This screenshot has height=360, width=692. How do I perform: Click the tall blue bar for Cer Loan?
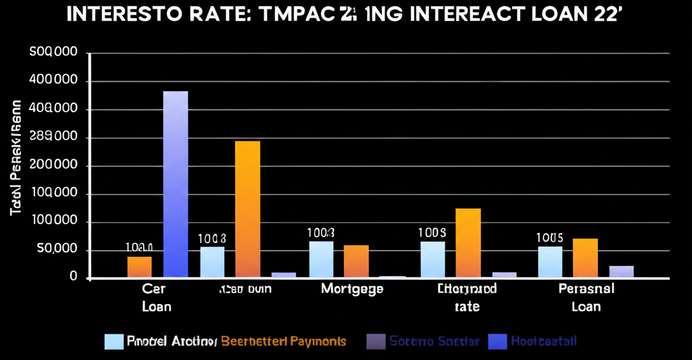click(x=176, y=184)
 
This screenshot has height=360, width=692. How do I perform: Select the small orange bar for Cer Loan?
click(x=139, y=267)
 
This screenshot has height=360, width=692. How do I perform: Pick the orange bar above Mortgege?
click(x=356, y=261)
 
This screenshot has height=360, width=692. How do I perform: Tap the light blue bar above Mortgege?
click(x=321, y=259)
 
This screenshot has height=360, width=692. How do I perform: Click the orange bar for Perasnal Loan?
click(x=585, y=258)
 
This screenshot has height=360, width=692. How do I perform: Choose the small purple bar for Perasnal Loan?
click(x=621, y=272)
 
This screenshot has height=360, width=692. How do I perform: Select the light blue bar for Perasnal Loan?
click(x=550, y=262)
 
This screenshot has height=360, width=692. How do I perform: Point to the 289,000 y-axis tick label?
click(x=54, y=138)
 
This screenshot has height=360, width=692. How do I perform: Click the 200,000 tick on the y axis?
click(x=54, y=166)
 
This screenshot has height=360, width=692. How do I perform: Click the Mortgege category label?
click(x=351, y=289)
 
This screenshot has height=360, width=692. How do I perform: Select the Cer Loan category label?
click(x=156, y=297)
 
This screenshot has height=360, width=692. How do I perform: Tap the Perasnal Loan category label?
click(x=586, y=297)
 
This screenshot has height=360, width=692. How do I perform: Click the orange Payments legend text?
click(x=283, y=341)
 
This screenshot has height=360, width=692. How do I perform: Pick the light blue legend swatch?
click(x=114, y=341)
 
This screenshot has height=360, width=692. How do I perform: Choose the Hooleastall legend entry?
click(x=538, y=341)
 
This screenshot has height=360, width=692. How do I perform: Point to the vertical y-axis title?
click(x=16, y=159)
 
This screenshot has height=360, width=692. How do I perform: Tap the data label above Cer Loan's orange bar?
click(x=139, y=247)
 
